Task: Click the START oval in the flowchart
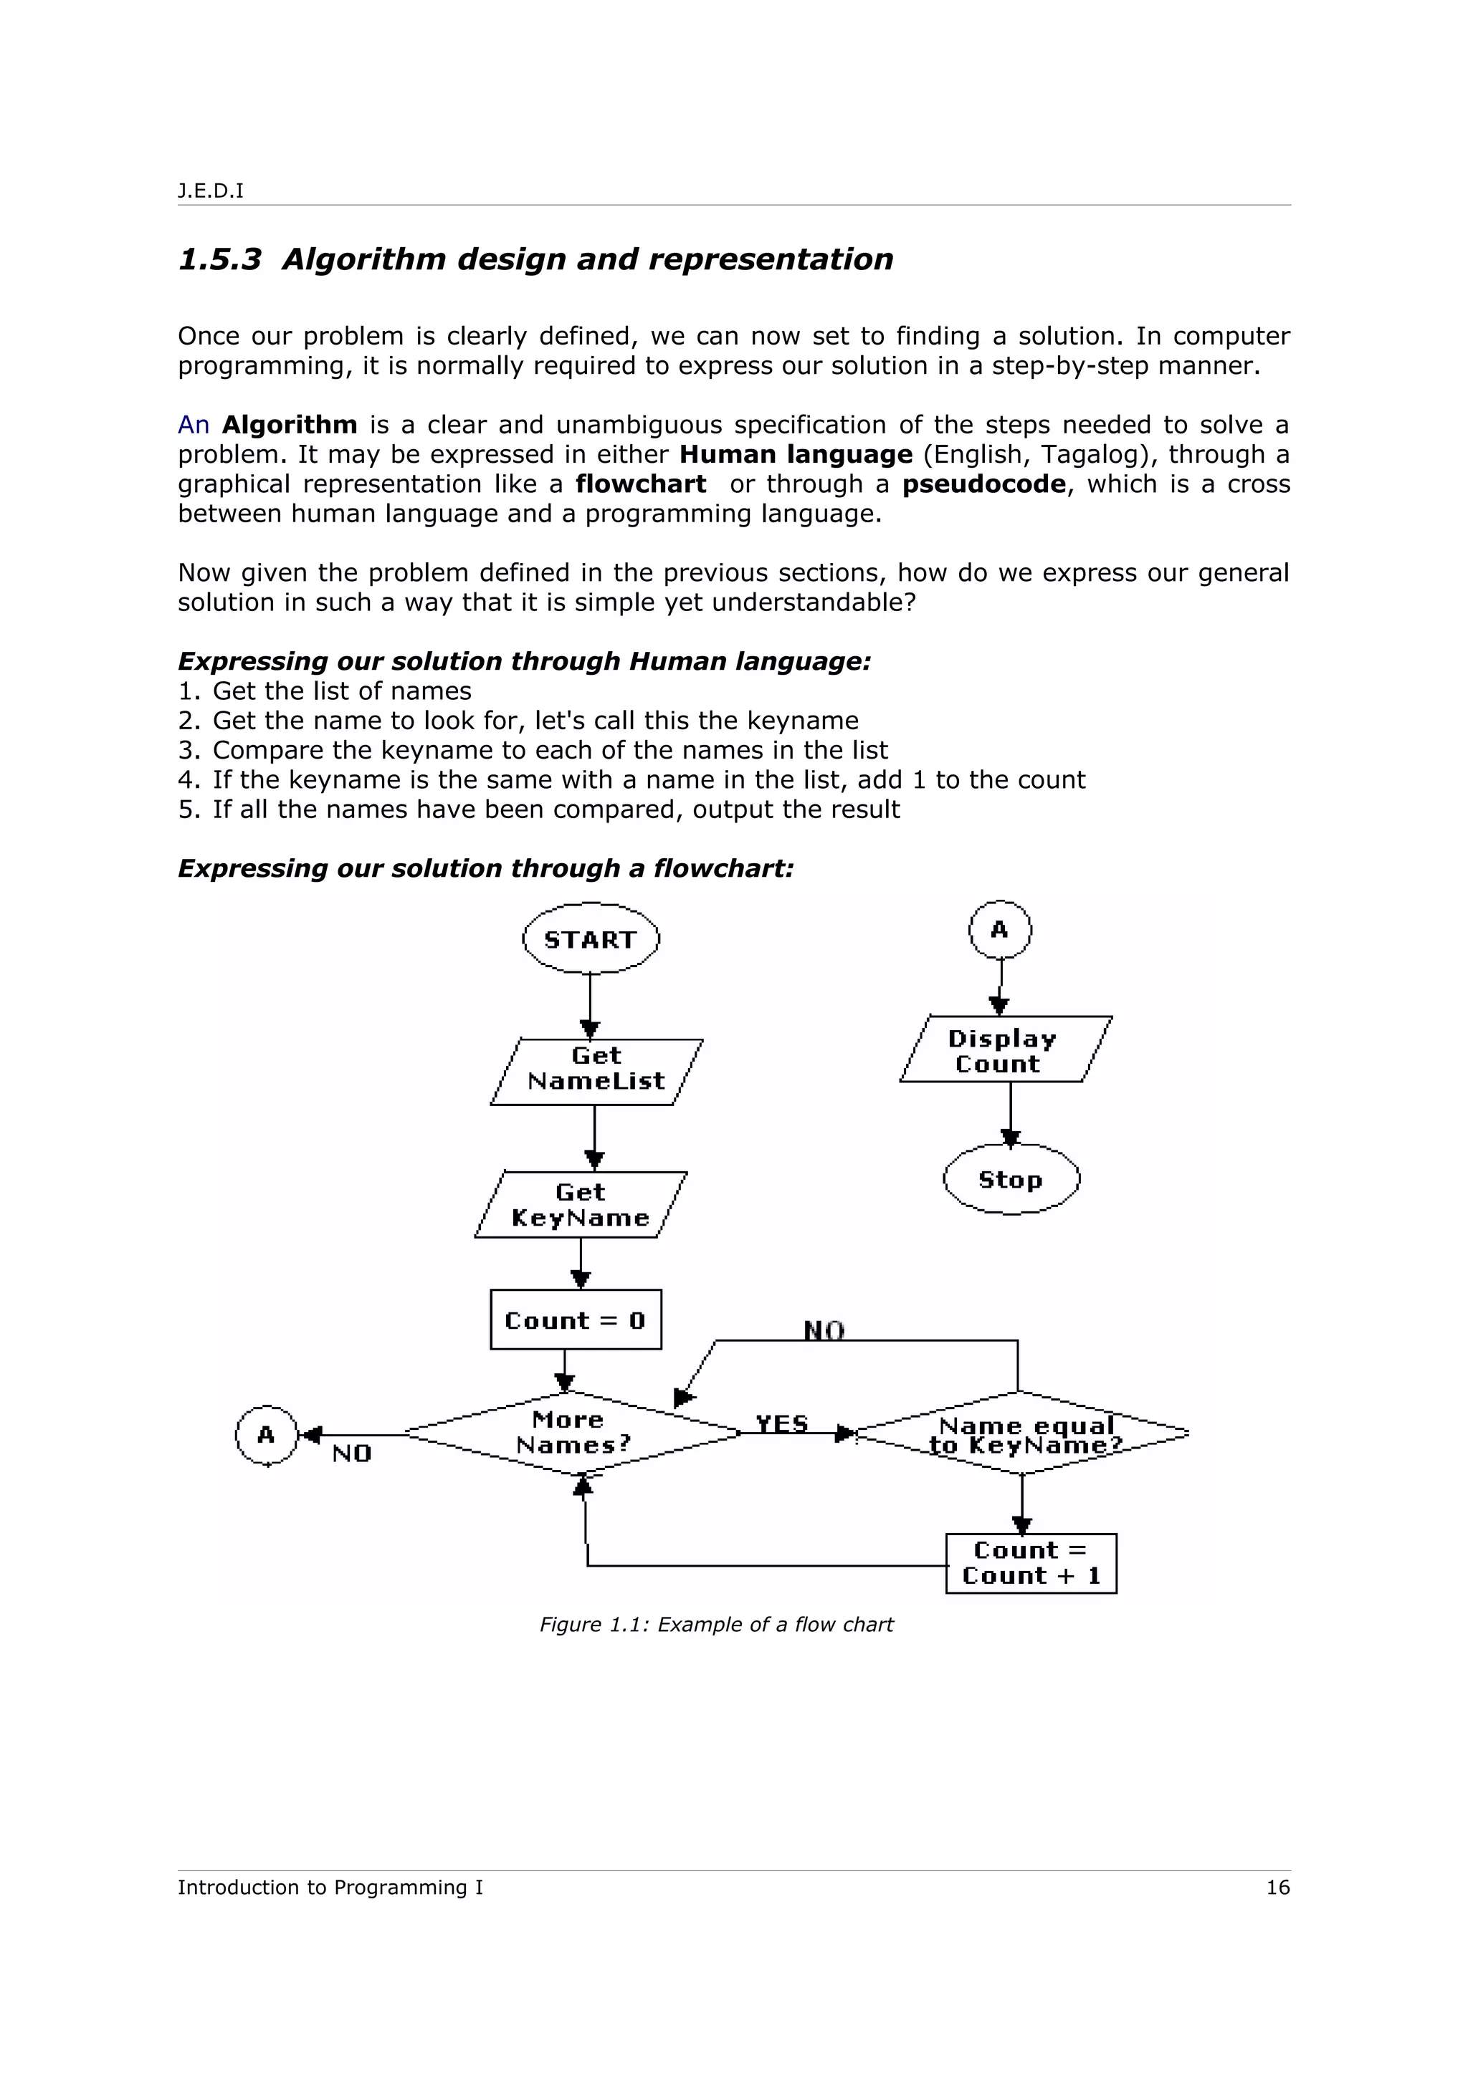pos(591,938)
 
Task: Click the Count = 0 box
pos(576,1320)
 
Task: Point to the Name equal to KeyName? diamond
pos(1022,1434)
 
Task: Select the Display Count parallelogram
pos(1004,1049)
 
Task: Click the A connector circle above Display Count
pos(999,930)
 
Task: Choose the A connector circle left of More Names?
pos(266,1435)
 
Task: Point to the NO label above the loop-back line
pos(824,1330)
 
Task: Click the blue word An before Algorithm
pos(194,425)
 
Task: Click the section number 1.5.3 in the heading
pos(220,259)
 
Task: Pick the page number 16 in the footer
pos(1277,1887)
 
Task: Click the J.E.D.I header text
pos(211,191)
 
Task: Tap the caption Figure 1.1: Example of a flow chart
pos(715,1625)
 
